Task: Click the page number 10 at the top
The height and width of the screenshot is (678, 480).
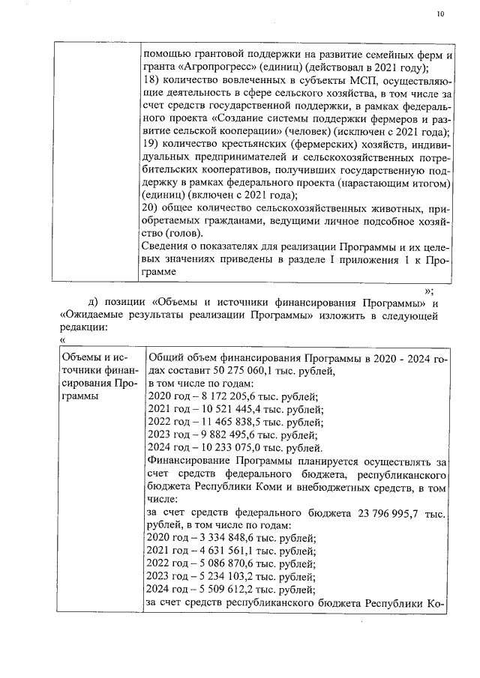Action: [441, 13]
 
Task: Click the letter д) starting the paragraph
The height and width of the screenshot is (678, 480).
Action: [94, 302]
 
